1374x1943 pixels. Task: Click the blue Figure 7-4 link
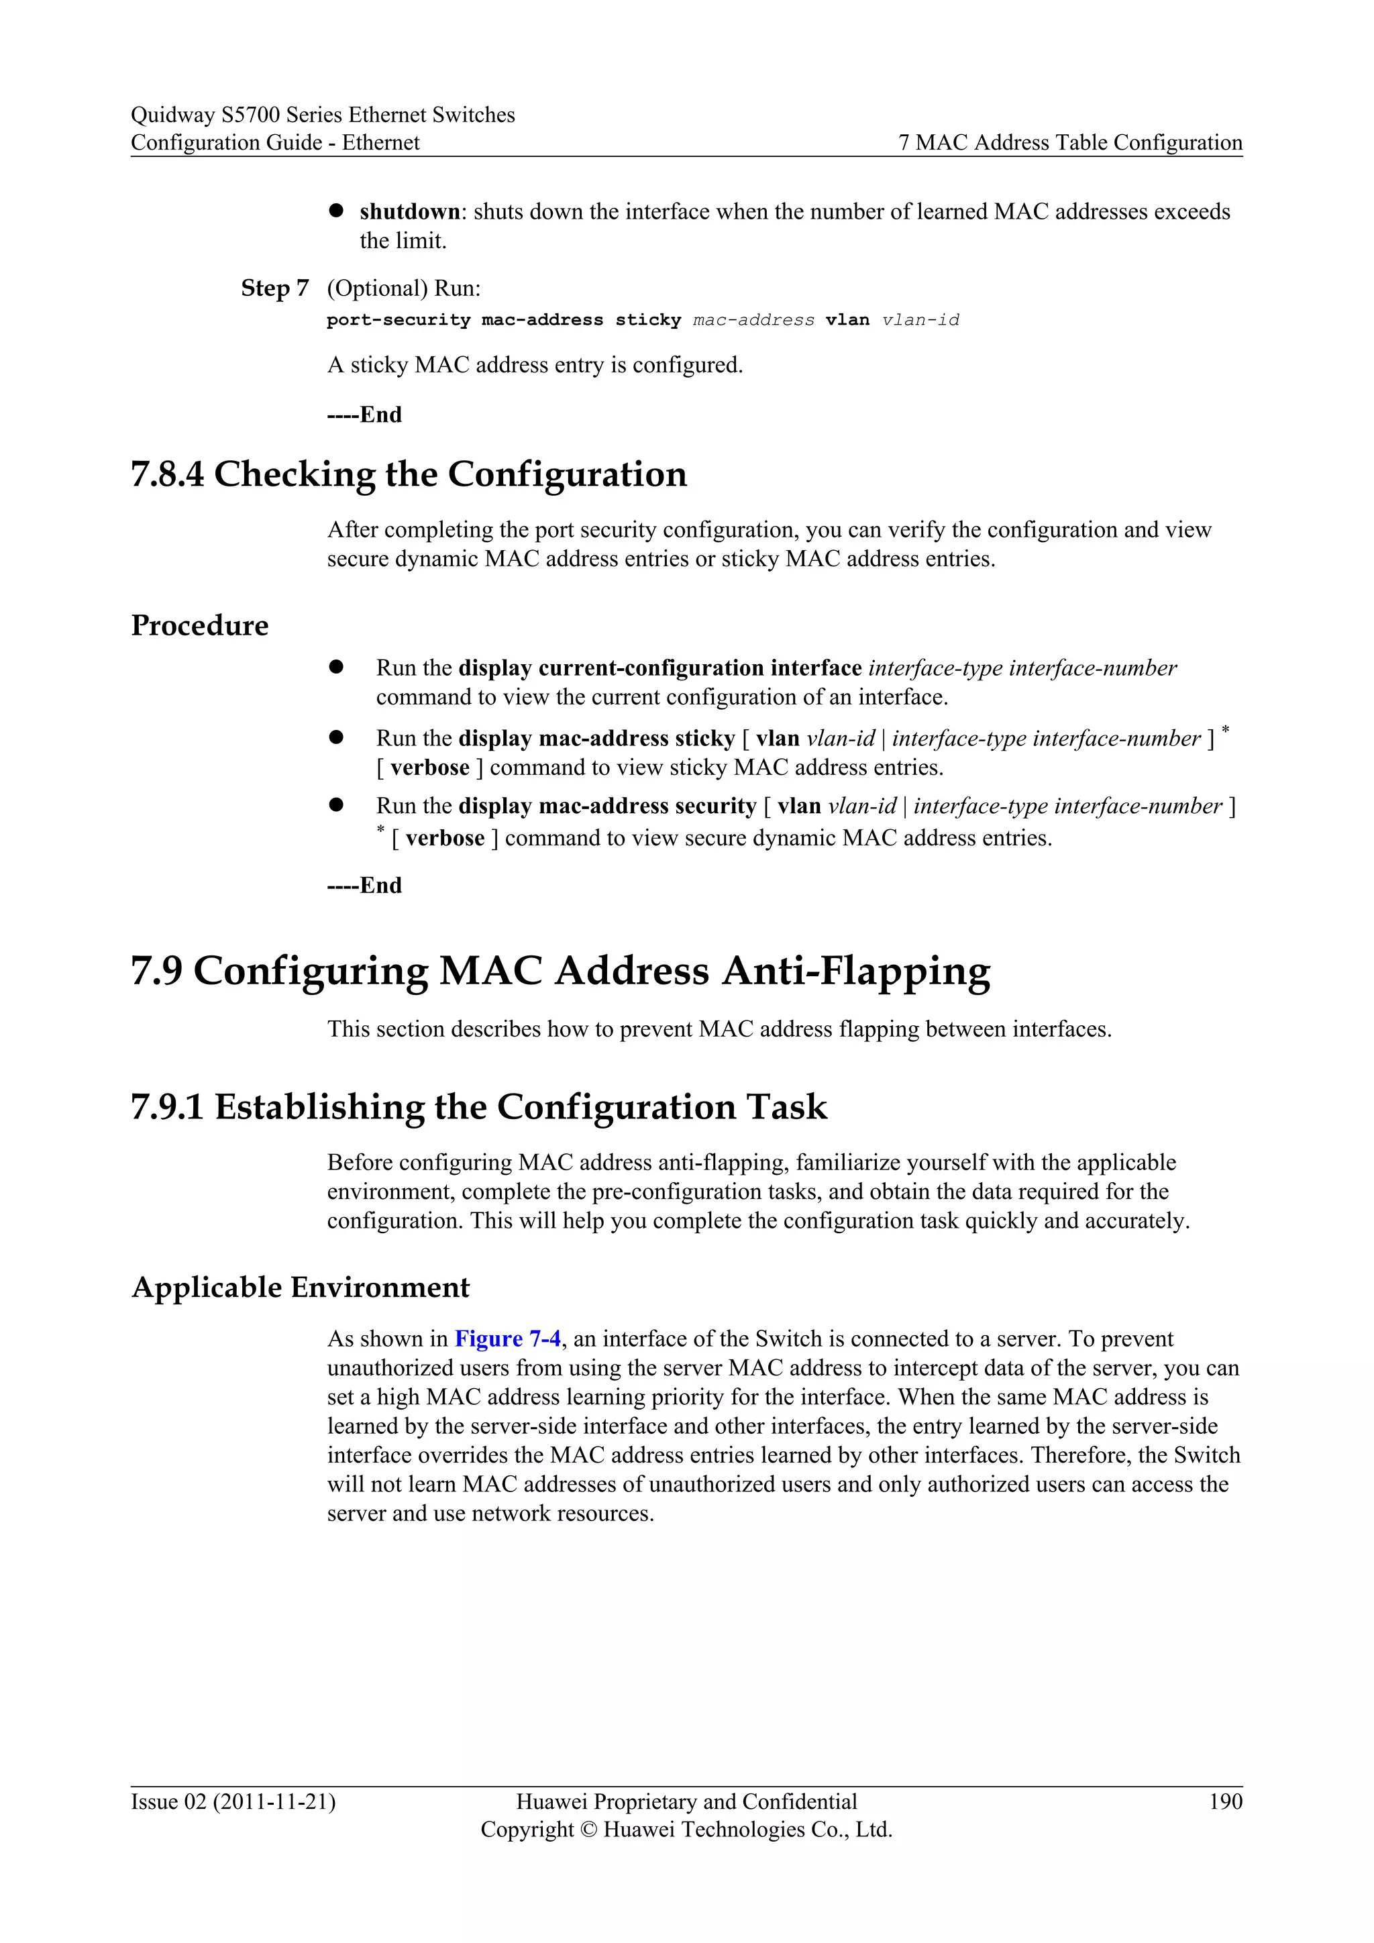point(507,1338)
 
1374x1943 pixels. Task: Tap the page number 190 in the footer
point(1225,1801)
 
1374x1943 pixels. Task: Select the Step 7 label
point(275,288)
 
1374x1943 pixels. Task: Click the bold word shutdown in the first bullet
point(409,211)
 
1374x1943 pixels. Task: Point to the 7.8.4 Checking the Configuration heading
point(409,474)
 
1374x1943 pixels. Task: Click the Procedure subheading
point(200,625)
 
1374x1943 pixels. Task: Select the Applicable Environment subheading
point(301,1287)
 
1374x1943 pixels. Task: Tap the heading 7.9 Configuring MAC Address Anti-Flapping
point(560,971)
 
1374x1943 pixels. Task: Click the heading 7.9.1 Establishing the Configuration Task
point(479,1107)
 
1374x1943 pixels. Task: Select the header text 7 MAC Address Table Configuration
point(1070,142)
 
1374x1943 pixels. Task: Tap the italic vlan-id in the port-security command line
point(920,320)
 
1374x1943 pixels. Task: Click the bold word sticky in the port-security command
point(648,320)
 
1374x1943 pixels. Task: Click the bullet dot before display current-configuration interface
point(336,667)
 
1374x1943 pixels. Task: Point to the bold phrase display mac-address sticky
point(596,739)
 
